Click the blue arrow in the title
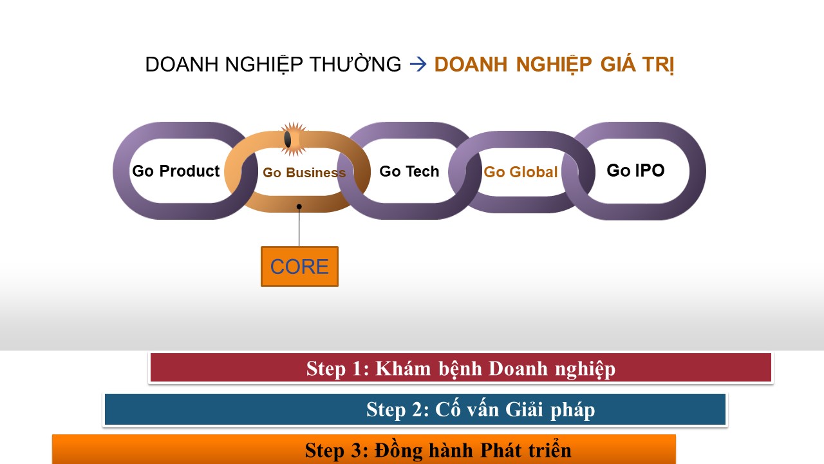point(418,64)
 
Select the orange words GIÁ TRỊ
point(637,64)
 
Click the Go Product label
point(176,171)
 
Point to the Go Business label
point(304,172)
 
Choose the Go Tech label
point(409,171)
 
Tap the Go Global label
point(521,172)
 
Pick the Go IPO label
point(635,171)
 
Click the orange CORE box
point(299,266)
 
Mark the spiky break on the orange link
point(293,139)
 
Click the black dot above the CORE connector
point(299,207)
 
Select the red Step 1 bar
point(461,367)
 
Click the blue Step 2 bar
point(415,409)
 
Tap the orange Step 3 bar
point(364,449)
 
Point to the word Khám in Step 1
point(403,368)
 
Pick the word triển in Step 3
point(550,449)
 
